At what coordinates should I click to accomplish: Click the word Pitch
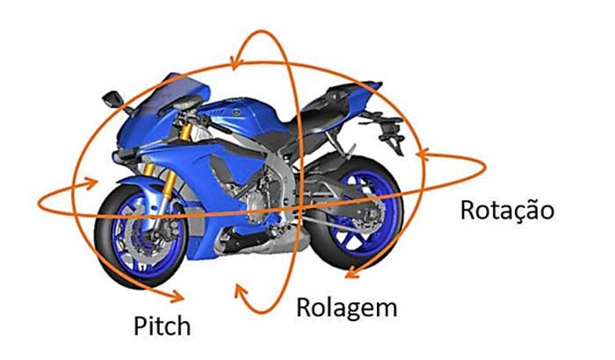(162, 326)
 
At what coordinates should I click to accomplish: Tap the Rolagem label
(346, 308)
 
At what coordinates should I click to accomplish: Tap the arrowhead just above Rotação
(422, 157)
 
